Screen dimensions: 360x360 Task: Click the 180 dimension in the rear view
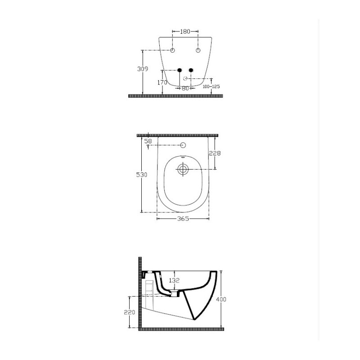(x=185, y=32)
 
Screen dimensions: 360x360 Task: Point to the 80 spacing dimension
(x=185, y=88)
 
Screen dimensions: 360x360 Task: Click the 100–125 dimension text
(x=211, y=86)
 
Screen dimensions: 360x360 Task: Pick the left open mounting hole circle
(x=172, y=50)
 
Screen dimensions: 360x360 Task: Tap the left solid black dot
(x=180, y=70)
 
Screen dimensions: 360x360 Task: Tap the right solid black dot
(x=191, y=70)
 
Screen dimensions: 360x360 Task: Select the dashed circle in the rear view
(x=185, y=79)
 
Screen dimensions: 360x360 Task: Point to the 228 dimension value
(x=216, y=153)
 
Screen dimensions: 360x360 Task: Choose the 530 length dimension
(x=142, y=175)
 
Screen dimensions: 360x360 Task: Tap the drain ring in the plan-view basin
(x=183, y=170)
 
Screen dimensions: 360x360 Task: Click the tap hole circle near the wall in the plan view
(x=183, y=145)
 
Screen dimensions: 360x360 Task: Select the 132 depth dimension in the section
(x=174, y=280)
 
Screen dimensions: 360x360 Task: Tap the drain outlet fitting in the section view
(x=174, y=294)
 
